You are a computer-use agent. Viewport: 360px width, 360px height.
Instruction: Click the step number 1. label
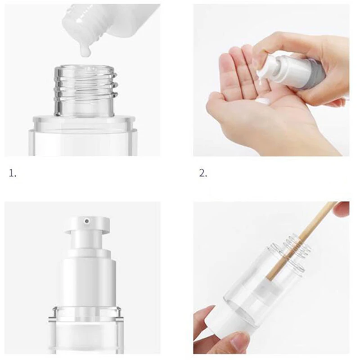click(13, 173)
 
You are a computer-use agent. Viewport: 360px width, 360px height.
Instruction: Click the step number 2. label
click(203, 173)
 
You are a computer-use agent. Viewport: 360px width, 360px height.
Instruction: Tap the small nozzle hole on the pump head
click(87, 221)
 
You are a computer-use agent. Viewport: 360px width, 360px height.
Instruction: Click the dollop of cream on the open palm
click(263, 100)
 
